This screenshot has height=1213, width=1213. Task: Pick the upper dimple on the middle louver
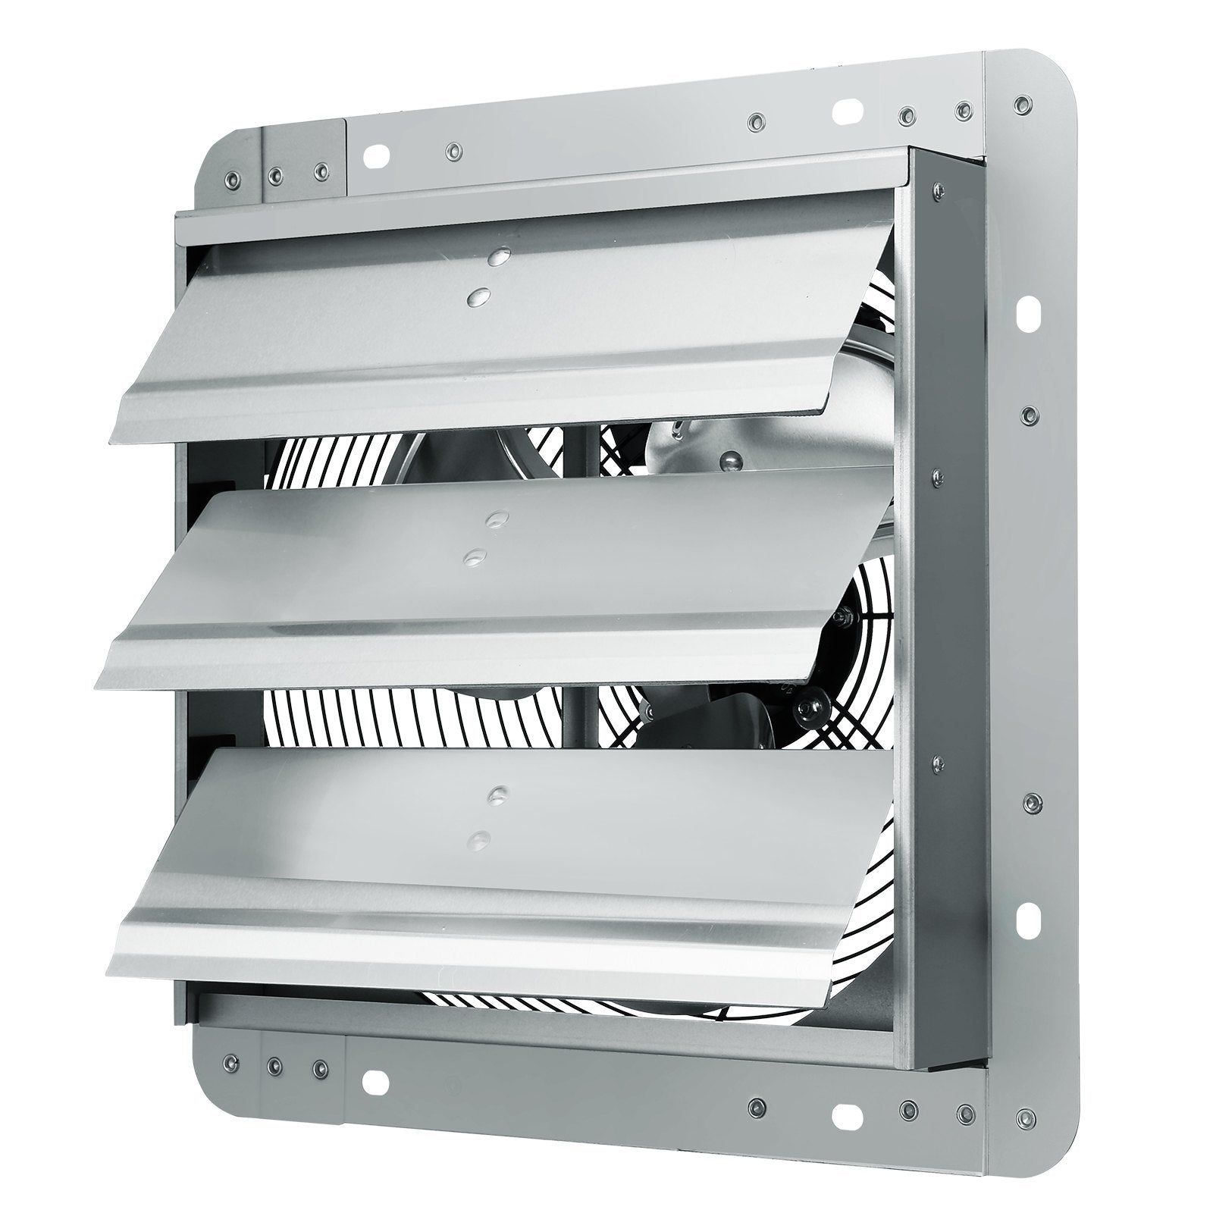497,519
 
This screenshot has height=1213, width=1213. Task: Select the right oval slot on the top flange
847,111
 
